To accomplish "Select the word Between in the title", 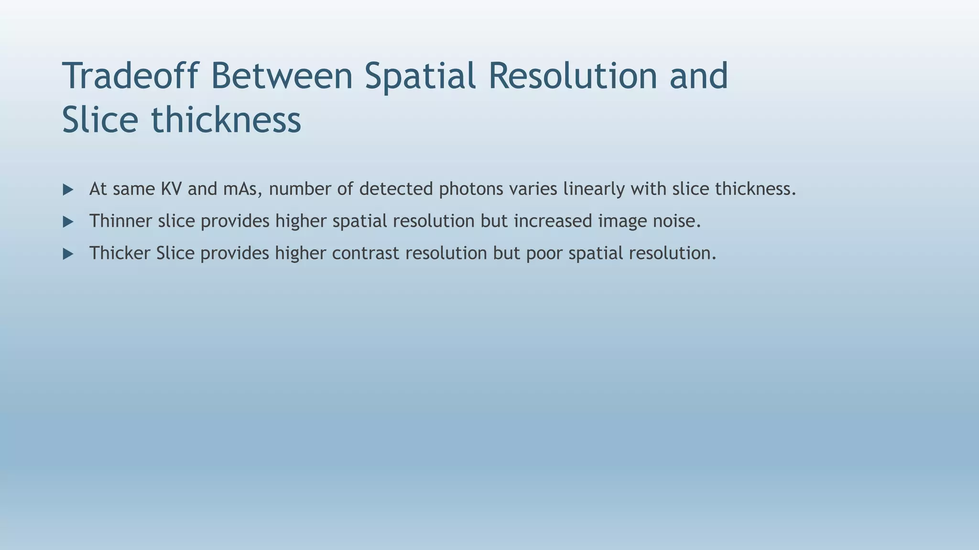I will click(x=282, y=76).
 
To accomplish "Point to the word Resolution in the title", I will click(x=573, y=76).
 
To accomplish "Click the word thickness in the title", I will click(x=226, y=120).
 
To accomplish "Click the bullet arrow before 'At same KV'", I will click(x=68, y=190).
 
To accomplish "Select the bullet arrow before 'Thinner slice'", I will click(x=68, y=222).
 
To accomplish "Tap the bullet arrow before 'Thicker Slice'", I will click(x=68, y=254).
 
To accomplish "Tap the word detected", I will click(x=396, y=189).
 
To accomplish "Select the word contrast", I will click(x=366, y=253).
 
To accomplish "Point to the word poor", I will click(x=544, y=253).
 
